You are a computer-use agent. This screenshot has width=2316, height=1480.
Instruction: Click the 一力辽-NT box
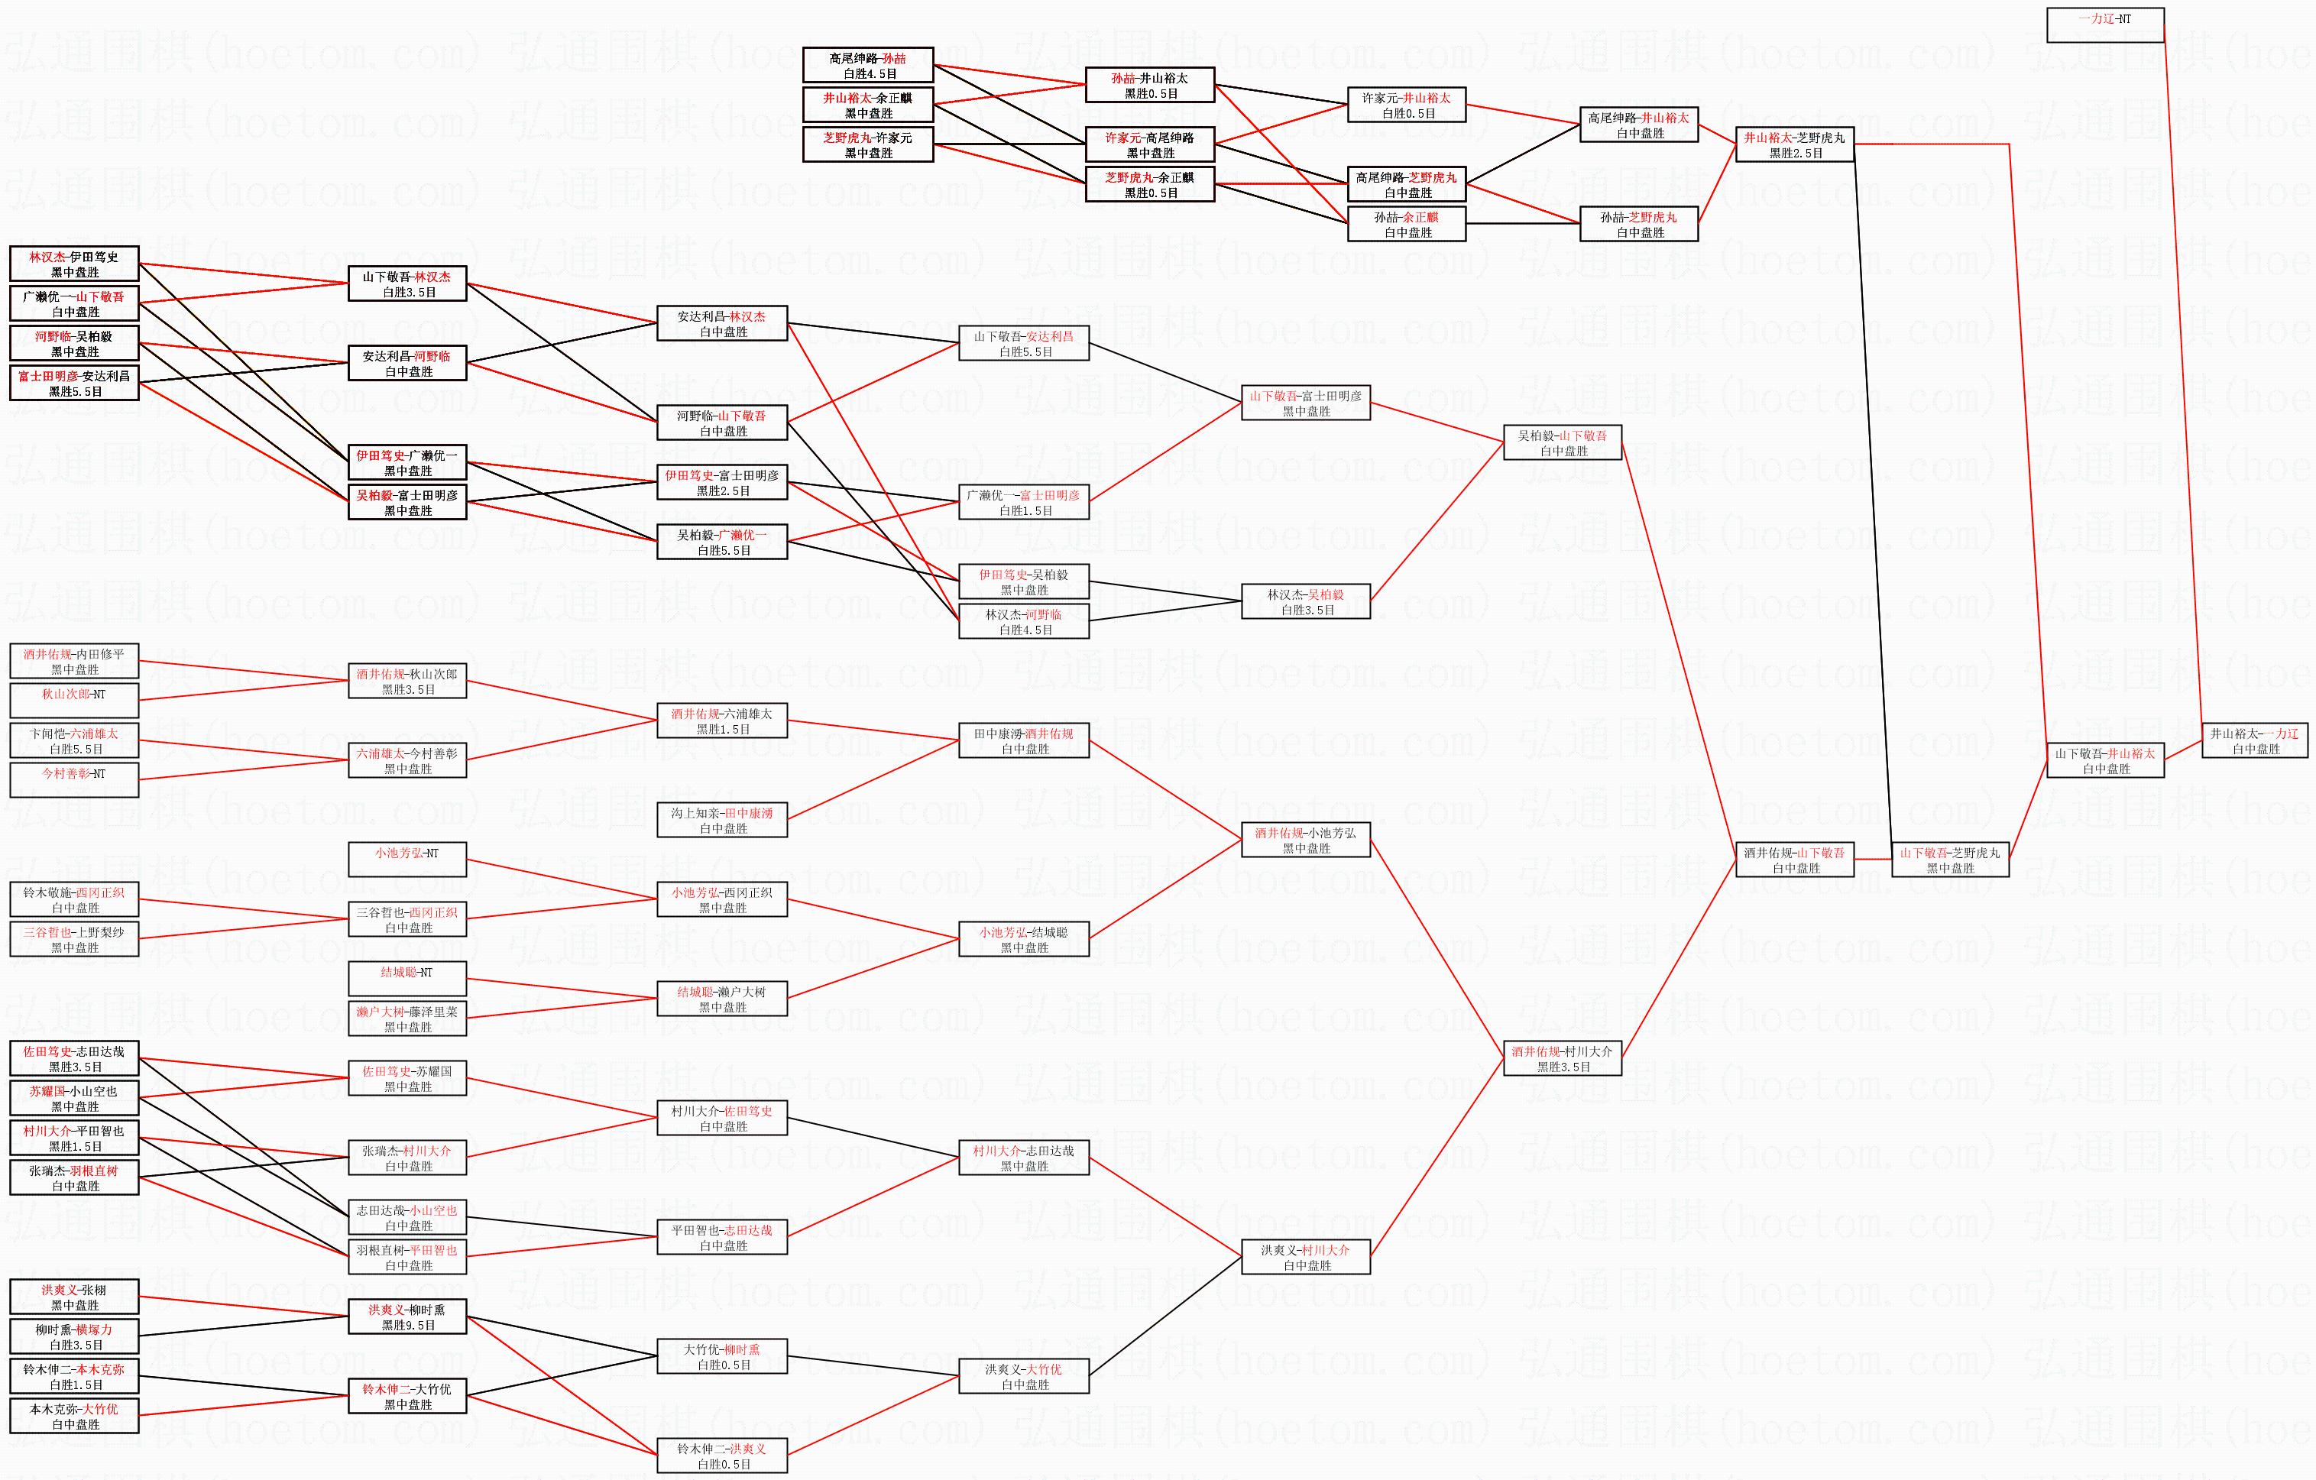2105,25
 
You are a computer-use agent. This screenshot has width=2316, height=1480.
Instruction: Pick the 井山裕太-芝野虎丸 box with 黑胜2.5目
1795,144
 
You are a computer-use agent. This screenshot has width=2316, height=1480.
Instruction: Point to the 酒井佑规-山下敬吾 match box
1795,860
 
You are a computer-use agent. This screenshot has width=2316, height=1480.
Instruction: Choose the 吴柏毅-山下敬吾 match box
1562,442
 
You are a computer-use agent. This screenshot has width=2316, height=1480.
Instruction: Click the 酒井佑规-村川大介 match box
1562,1059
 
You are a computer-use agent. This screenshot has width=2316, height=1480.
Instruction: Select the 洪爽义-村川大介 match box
1305,1257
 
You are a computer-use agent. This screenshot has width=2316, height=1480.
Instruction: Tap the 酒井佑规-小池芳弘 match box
1305,840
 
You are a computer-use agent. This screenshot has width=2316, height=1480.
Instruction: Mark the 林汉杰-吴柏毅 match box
1305,601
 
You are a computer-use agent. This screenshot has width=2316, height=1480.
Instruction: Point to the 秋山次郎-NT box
74,700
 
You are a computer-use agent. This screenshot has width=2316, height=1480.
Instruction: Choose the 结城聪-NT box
407,979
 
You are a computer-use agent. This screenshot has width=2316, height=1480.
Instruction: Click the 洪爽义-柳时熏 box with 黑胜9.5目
407,1316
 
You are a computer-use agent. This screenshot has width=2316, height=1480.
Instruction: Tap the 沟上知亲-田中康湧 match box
722,819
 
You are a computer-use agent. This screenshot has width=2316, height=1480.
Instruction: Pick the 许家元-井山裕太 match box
1406,105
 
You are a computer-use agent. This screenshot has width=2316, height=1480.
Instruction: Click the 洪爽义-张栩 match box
74,1297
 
